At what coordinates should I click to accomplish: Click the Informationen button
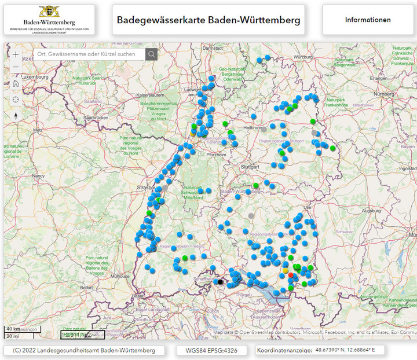tap(368, 20)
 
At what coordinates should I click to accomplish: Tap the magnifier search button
tap(151, 54)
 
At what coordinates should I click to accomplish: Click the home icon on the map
tap(16, 83)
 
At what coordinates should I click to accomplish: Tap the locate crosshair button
tap(16, 99)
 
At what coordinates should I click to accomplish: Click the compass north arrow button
tap(16, 115)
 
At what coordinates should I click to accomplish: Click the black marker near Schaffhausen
tap(220, 282)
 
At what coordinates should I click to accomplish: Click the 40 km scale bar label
tap(12, 329)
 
